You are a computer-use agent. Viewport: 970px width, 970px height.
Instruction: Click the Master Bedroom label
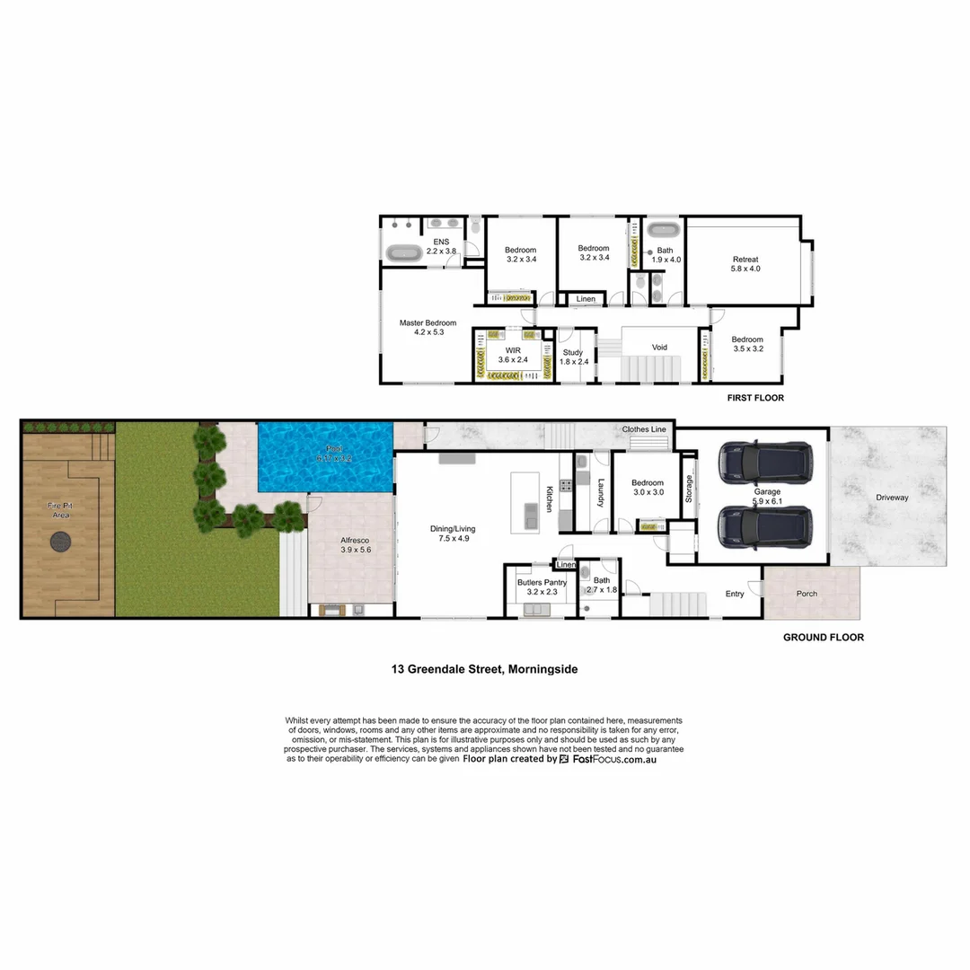[x=428, y=323]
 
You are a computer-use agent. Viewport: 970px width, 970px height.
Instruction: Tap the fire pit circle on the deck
[x=61, y=541]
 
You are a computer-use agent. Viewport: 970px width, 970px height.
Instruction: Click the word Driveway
[x=892, y=498]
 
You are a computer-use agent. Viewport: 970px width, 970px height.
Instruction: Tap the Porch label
[x=807, y=594]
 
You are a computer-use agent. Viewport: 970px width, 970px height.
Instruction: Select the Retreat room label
[x=745, y=259]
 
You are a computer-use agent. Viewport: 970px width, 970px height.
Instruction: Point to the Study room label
[x=572, y=353]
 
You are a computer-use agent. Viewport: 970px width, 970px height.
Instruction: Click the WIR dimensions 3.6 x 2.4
[x=513, y=360]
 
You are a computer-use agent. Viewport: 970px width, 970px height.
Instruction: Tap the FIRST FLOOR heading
[x=754, y=397]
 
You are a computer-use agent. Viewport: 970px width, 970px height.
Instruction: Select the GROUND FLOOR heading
[x=823, y=638]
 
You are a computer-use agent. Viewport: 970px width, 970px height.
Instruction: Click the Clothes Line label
[x=644, y=430]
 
